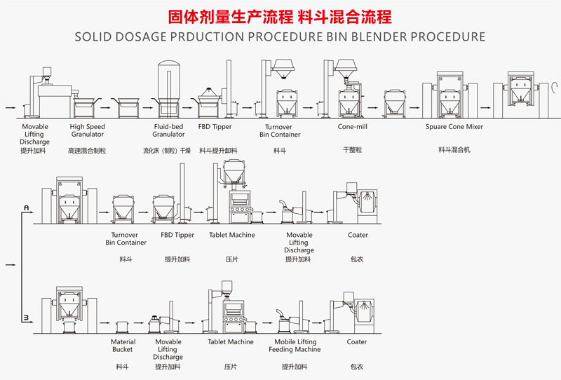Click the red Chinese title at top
280,16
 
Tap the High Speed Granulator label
87,130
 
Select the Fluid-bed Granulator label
168,130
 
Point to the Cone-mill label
352,127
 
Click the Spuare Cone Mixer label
454,127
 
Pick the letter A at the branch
26,208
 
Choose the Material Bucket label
123,346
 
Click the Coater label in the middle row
358,235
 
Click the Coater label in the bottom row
357,342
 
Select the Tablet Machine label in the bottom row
231,342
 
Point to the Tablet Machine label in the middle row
231,235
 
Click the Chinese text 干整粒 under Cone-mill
352,150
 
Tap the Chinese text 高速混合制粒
87,150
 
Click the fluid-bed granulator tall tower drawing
168,84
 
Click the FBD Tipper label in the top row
215,127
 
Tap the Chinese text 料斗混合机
454,150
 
